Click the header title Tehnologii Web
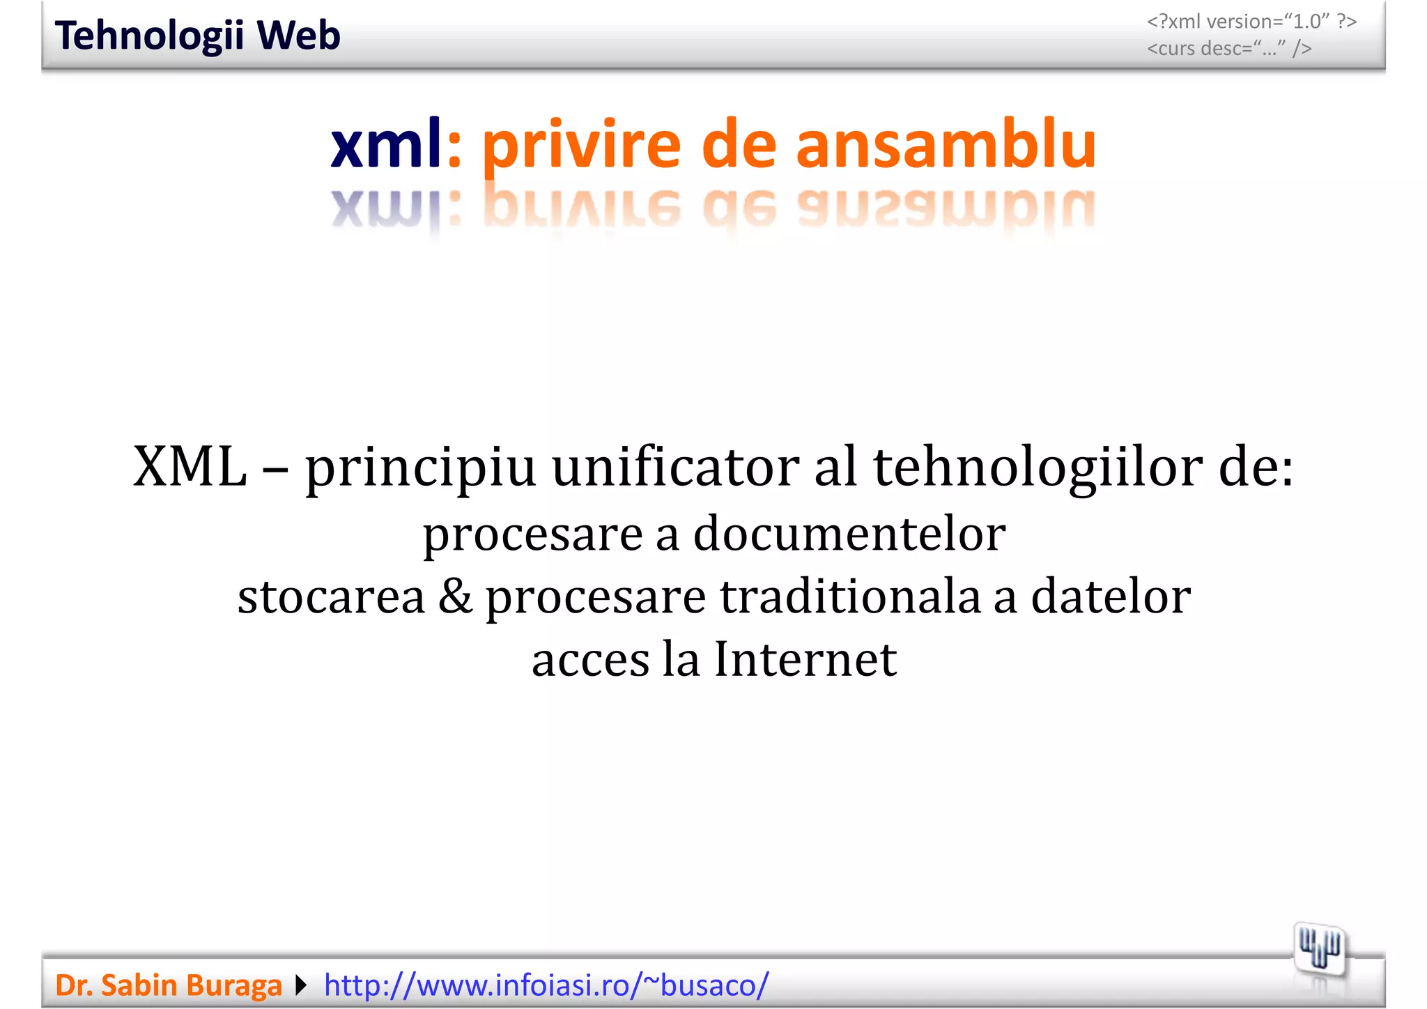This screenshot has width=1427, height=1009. (x=197, y=36)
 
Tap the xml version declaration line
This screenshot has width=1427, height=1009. (x=1251, y=22)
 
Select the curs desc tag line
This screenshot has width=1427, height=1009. (x=1229, y=48)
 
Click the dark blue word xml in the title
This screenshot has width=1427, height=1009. (x=385, y=144)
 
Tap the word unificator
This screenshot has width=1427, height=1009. (x=675, y=467)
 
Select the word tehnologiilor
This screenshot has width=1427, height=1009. (x=1038, y=467)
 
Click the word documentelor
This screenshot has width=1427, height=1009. (x=849, y=534)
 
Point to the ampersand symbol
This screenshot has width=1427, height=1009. (x=455, y=596)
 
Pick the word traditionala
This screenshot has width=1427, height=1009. (x=850, y=596)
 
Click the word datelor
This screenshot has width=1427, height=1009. (x=1111, y=596)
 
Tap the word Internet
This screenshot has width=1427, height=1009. (x=805, y=659)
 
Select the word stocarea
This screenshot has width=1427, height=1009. (x=331, y=596)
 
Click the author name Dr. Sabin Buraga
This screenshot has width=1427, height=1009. (x=169, y=985)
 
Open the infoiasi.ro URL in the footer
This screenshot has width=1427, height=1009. (x=546, y=985)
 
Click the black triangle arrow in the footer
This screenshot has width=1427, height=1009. (x=301, y=985)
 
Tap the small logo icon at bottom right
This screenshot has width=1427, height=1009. (x=1319, y=948)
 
